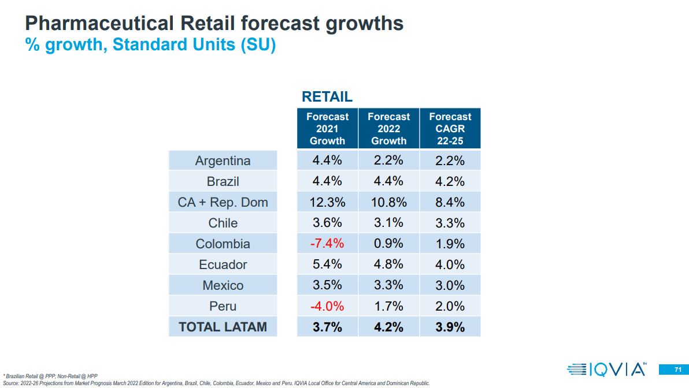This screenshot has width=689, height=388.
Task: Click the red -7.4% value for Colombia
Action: [327, 244]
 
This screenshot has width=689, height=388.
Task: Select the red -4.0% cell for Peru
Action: [327, 306]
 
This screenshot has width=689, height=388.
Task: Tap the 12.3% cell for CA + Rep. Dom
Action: [327, 202]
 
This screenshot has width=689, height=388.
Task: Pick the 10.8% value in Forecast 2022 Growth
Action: [389, 202]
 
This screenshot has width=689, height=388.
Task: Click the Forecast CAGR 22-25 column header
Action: [450, 129]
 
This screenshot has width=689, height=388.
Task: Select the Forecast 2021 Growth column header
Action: [327, 129]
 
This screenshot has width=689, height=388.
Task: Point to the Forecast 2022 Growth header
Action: [389, 129]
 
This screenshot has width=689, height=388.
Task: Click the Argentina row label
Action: [223, 161]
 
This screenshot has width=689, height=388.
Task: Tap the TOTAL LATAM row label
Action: [223, 327]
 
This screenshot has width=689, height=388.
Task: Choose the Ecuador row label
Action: [223, 264]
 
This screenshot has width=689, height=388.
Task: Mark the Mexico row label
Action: [223, 285]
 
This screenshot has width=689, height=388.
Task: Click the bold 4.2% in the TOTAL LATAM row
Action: [389, 327]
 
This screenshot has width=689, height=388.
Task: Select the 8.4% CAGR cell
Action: [450, 202]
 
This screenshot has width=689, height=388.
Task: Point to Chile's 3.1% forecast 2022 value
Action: [389, 223]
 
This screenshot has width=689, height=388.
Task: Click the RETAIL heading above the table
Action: [327, 97]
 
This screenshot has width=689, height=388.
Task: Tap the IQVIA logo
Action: [607, 369]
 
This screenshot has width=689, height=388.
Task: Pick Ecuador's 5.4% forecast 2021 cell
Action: [327, 264]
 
